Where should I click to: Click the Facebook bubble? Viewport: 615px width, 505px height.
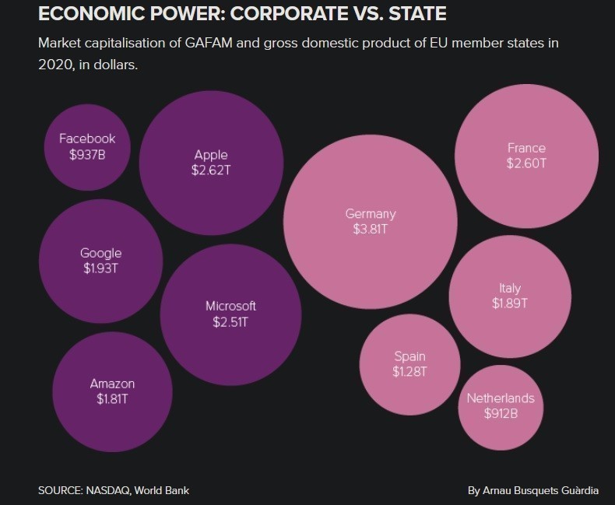[87, 146]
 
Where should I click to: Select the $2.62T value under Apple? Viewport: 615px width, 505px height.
[211, 170]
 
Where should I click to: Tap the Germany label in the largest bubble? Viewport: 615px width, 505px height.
[371, 214]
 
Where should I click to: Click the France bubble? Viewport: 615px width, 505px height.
[526, 155]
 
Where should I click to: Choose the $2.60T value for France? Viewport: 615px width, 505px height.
[526, 163]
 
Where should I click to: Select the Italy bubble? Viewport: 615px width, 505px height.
[510, 296]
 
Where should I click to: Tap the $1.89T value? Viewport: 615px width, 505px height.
[510, 303]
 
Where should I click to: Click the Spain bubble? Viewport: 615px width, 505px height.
[409, 364]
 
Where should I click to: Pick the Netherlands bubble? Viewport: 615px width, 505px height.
[501, 406]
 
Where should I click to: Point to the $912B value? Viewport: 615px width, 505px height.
[501, 414]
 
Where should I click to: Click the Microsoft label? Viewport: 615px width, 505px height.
[230, 306]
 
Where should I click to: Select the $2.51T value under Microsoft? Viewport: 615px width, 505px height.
[230, 321]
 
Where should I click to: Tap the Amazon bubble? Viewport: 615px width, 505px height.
[112, 391]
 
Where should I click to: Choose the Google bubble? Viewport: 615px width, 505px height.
[101, 261]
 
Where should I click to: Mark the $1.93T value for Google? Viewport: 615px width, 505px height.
[101, 269]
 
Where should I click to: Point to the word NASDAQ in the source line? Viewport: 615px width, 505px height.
[105, 490]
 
